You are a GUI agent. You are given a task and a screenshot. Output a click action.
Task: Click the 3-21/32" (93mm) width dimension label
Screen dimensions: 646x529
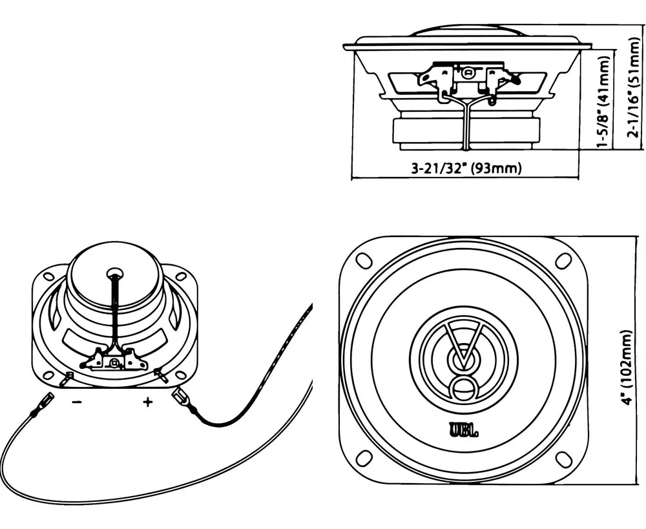click(x=466, y=168)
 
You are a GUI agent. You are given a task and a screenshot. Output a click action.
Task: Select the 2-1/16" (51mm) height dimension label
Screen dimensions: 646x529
click(x=634, y=87)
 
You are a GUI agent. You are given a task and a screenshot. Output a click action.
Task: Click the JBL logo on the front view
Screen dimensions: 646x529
click(x=463, y=431)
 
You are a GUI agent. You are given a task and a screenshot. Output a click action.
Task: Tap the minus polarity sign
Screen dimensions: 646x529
click(x=77, y=402)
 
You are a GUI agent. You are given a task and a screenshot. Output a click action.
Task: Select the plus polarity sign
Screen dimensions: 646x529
click(x=147, y=402)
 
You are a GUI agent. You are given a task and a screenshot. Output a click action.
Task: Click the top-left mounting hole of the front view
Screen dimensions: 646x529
click(x=364, y=260)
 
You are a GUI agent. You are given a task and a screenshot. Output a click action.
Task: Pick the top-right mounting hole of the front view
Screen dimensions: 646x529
click(x=563, y=260)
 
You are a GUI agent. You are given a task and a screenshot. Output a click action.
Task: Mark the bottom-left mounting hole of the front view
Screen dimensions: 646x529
click(x=364, y=459)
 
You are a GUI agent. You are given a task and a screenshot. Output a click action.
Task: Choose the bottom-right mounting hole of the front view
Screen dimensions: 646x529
click(x=563, y=459)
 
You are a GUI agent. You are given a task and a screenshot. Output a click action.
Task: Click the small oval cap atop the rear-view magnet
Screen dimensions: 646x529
click(x=115, y=273)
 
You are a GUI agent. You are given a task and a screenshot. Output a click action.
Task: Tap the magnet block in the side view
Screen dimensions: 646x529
click(x=466, y=130)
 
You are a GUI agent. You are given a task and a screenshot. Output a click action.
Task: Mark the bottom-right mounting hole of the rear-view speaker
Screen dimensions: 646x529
click(x=180, y=375)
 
